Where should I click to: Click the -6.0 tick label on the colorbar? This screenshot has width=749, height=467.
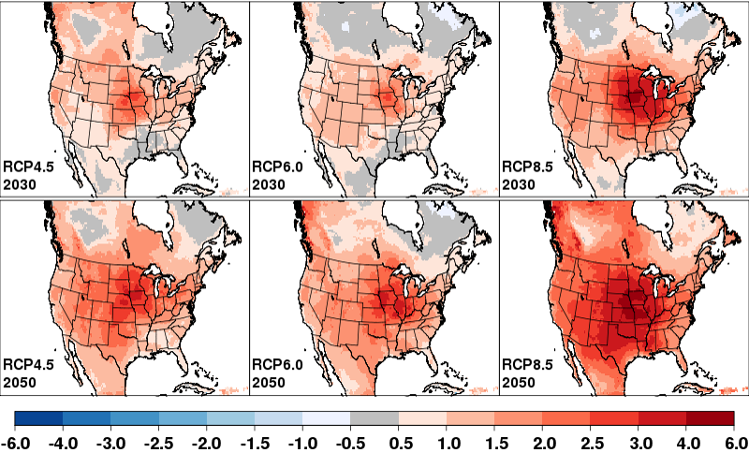point(16,440)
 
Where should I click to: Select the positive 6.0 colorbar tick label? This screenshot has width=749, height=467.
point(733,440)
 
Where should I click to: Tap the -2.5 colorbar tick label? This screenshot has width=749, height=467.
point(159,440)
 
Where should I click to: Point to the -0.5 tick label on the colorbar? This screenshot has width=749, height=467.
point(351,440)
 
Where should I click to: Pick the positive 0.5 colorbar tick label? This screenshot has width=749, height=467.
point(400,440)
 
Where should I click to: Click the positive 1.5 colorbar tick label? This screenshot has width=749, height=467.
point(495,440)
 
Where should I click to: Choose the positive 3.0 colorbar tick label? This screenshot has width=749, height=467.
point(639,440)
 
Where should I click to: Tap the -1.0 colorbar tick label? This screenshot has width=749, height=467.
point(303,440)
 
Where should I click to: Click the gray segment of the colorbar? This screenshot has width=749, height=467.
point(374,418)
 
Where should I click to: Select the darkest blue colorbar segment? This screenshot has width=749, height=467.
point(38,418)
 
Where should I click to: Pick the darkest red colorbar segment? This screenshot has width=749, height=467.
point(710,418)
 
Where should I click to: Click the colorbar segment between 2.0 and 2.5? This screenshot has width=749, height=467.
point(566,418)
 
